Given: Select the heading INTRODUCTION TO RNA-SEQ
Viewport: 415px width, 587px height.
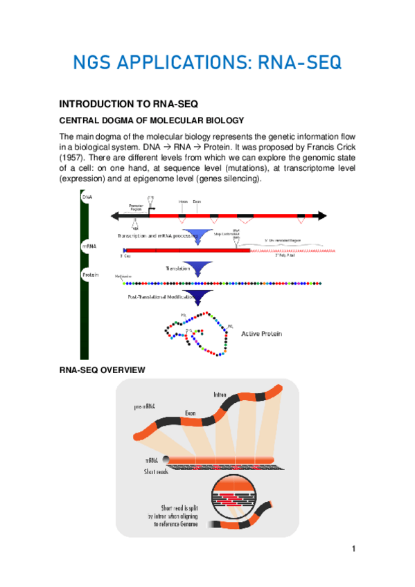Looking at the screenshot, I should pos(129,105).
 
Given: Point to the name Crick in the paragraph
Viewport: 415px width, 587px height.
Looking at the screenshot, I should pos(335,147).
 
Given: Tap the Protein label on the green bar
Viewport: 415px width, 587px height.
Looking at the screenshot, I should pos(90,275).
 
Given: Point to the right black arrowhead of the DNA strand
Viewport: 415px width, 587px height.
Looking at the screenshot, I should pos(326,216).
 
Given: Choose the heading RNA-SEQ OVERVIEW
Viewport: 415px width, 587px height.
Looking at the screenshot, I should pos(102,370).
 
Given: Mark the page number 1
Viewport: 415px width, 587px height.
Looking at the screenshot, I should pos(353,550).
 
